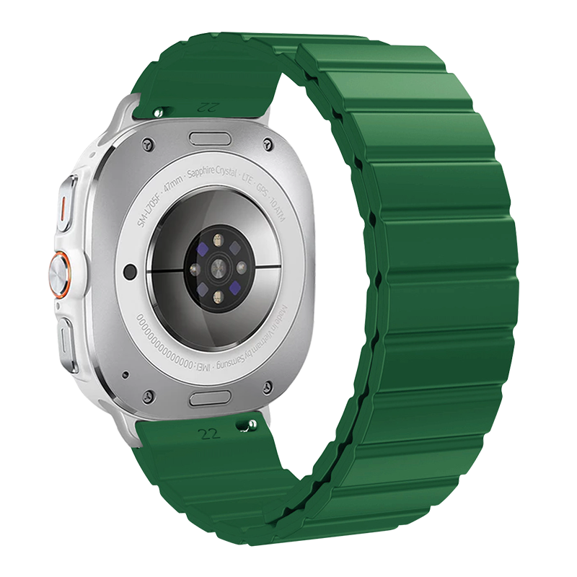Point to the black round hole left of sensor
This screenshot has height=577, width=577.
point(131,271)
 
